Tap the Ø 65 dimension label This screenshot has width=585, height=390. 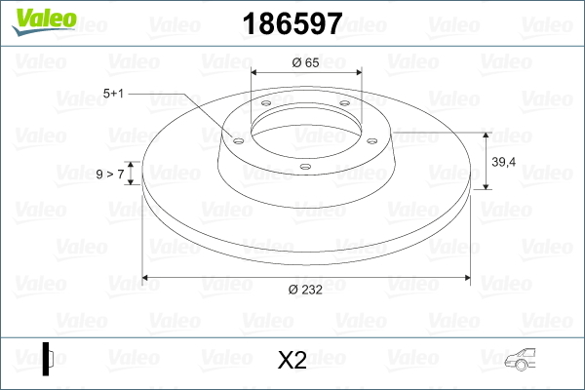(x=306, y=62)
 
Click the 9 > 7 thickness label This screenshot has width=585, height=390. (x=109, y=174)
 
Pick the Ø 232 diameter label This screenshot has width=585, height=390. (x=306, y=289)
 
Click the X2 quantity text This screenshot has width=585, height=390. (x=292, y=360)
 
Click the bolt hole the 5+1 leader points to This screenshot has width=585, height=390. (x=238, y=137)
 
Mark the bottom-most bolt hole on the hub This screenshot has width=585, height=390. (x=305, y=167)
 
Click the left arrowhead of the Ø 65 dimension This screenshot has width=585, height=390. (x=256, y=73)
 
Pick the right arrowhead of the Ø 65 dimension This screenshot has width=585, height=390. (x=357, y=73)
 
